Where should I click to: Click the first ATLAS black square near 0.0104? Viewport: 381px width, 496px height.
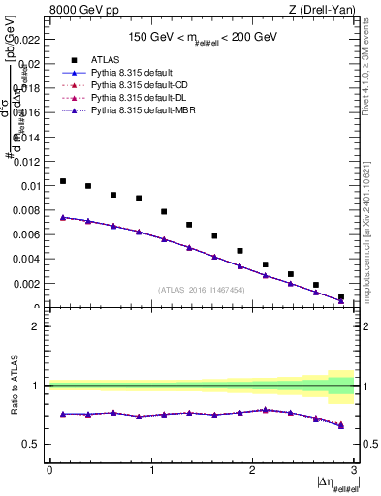63,181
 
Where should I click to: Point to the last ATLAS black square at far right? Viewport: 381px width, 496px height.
341,297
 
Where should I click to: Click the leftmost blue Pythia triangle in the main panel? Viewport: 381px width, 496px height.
63,217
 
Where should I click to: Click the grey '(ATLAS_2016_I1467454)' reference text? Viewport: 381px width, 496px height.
202,290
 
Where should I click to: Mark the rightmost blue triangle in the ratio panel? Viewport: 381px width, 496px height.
341,424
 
